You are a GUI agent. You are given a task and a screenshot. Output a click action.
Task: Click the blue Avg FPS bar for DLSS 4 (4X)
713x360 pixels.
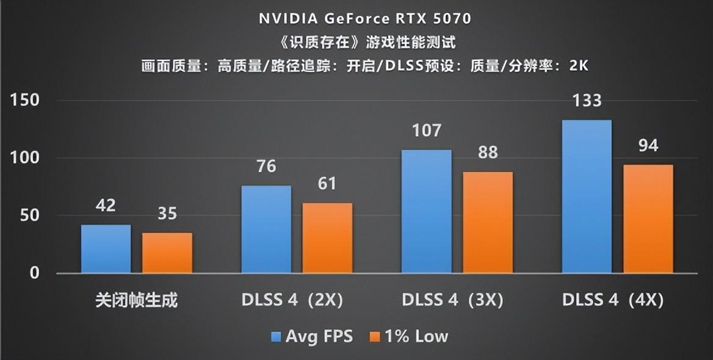coord(587,196)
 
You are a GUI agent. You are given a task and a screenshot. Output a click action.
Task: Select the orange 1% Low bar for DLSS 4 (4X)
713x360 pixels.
coord(648,218)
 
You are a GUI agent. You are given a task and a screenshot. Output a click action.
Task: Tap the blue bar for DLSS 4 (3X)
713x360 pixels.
coord(427,211)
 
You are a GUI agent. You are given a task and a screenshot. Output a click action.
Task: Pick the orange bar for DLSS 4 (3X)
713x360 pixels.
coord(488,222)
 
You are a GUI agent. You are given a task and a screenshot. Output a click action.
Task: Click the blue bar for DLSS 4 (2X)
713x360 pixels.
coord(266,229)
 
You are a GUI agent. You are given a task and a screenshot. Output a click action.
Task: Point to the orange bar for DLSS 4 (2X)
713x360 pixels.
coord(327,238)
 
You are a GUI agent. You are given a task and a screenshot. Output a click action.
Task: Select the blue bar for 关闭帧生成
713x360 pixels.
coord(106,249)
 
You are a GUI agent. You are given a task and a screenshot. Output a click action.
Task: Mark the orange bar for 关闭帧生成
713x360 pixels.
coord(167,253)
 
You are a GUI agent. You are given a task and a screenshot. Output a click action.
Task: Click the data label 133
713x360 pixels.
coord(587,101)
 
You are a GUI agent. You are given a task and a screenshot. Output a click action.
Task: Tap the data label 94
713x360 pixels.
coord(648,146)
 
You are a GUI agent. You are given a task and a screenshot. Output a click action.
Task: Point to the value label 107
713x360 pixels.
coord(427,131)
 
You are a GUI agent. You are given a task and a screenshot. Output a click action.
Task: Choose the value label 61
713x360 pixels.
coord(327,184)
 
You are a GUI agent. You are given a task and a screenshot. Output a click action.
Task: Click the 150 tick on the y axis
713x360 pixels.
coord(25,101)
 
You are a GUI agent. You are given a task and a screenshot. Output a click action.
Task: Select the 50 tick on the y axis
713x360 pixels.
coord(29,215)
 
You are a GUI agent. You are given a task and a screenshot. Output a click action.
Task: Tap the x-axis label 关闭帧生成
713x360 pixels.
coord(137,301)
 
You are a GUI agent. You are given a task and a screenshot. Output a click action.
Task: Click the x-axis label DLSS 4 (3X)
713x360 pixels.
coord(452,301)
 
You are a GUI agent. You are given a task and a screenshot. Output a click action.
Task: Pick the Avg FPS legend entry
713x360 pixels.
coord(311,336)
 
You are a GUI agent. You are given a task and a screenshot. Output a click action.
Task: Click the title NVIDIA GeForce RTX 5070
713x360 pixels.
coord(365,19)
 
